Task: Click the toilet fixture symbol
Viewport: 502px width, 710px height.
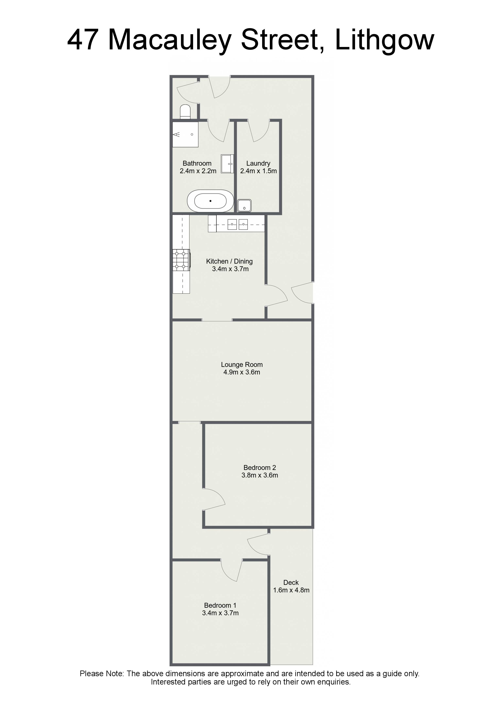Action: point(185,112)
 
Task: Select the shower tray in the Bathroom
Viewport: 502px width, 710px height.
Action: point(185,135)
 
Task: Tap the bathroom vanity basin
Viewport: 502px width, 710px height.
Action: point(227,164)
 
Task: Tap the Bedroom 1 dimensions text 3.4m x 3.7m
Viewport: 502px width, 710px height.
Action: point(220,613)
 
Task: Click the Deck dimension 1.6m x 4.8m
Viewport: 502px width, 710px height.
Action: point(291,590)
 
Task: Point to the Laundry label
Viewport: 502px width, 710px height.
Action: point(258,163)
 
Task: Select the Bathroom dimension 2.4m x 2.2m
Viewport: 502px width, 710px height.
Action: point(198,171)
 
